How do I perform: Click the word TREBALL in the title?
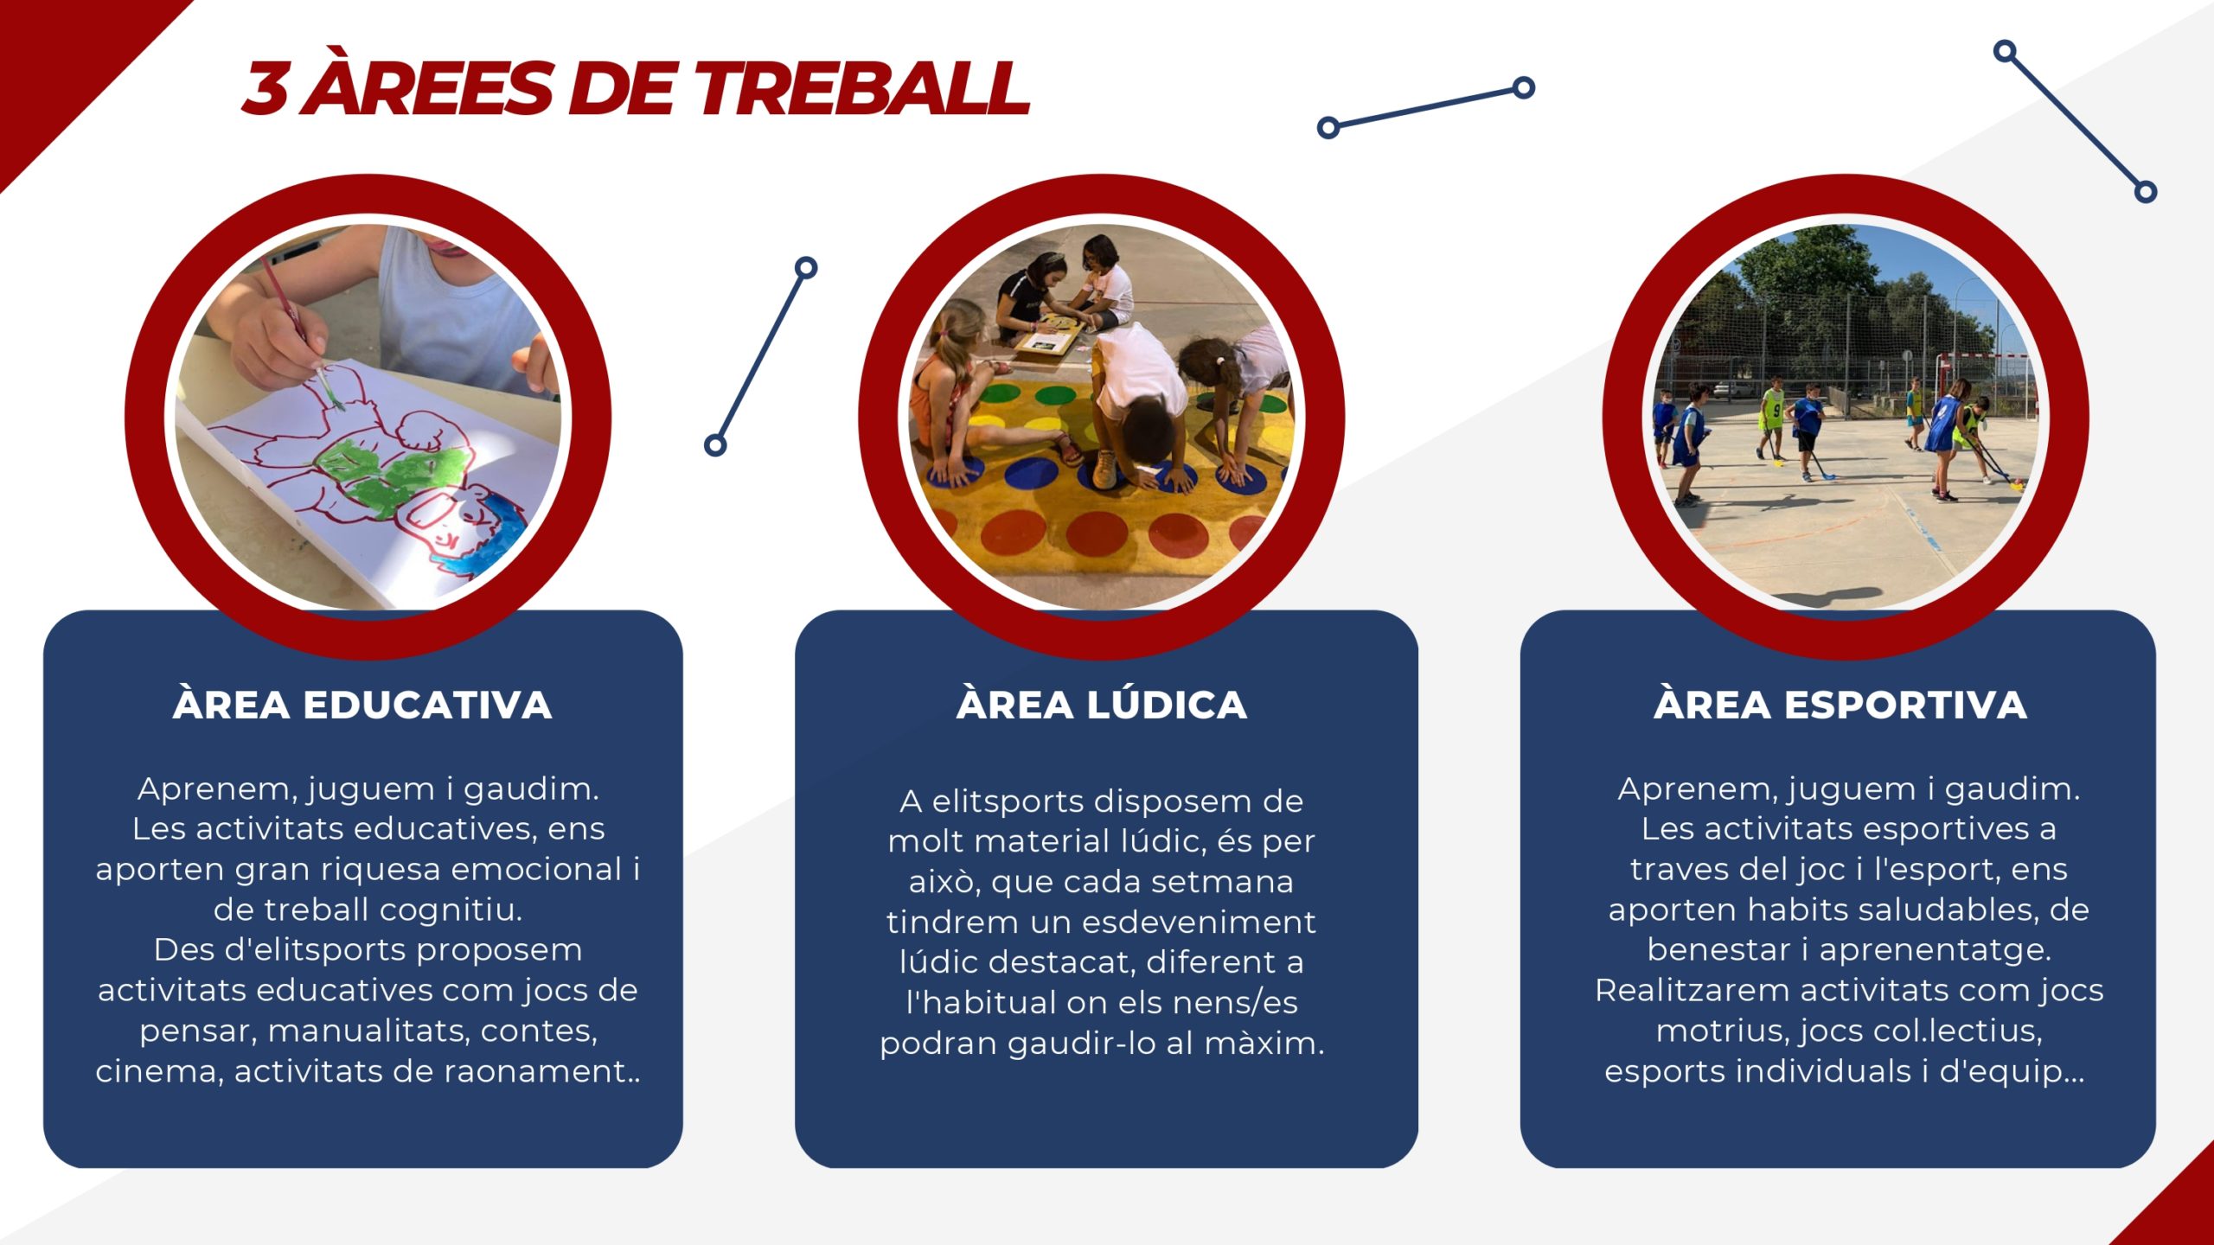(862, 88)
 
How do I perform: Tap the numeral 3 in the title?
(266, 88)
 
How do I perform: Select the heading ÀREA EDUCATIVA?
(362, 705)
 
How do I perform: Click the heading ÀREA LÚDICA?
(1102, 705)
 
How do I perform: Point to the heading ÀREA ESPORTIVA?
(1840, 705)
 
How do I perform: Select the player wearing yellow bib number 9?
(1772, 419)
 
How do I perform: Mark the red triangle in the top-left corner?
(61, 61)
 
